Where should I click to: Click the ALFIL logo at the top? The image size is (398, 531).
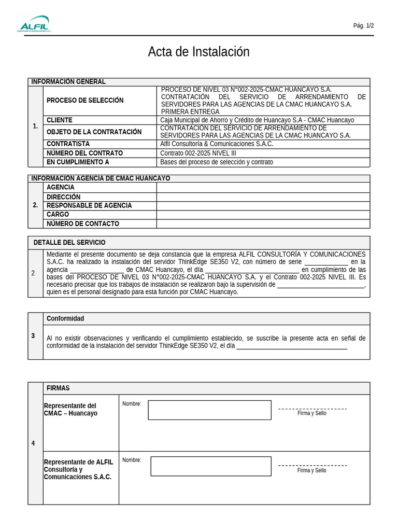click(35, 25)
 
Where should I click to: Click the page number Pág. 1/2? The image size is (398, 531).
click(363, 25)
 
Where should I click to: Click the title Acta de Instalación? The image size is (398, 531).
click(198, 52)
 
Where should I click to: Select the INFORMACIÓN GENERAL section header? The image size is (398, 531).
click(68, 82)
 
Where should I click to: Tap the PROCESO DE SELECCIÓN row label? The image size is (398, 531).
click(85, 100)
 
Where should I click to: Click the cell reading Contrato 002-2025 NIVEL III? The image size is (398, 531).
click(198, 153)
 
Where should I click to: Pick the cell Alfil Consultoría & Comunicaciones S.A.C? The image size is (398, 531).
click(217, 144)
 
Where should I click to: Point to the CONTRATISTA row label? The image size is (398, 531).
click(68, 144)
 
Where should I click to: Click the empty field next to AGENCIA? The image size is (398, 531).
click(263, 187)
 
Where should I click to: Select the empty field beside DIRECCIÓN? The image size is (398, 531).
click(263, 197)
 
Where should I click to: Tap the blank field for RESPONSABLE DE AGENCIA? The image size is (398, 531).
click(263, 206)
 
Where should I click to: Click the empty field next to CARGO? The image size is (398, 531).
click(263, 215)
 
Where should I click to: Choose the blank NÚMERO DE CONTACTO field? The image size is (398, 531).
click(263, 224)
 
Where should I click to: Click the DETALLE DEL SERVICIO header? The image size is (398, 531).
click(69, 243)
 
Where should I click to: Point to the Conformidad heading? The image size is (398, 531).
click(65, 318)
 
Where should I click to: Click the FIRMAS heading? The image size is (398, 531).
click(58, 388)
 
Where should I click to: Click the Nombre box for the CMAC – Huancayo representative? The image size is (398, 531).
click(209, 410)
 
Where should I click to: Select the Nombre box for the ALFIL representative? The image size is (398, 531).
click(210, 466)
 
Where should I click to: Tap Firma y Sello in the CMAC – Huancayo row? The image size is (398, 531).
click(312, 413)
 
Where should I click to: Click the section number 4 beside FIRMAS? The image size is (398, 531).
click(33, 443)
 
